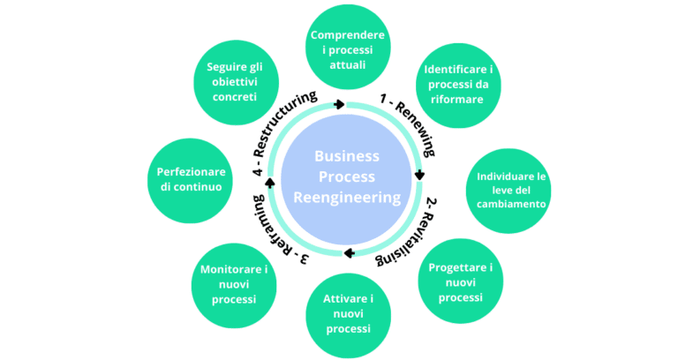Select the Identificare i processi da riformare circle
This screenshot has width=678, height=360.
(x=458, y=84)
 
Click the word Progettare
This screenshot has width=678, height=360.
(x=459, y=267)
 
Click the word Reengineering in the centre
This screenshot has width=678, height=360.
(x=347, y=197)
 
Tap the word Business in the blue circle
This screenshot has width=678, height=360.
(x=347, y=155)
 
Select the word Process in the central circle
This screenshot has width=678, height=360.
(x=347, y=176)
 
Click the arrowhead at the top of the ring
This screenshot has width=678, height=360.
(x=340, y=104)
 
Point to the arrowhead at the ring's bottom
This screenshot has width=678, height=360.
(x=349, y=253)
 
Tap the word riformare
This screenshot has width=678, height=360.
(x=458, y=100)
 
